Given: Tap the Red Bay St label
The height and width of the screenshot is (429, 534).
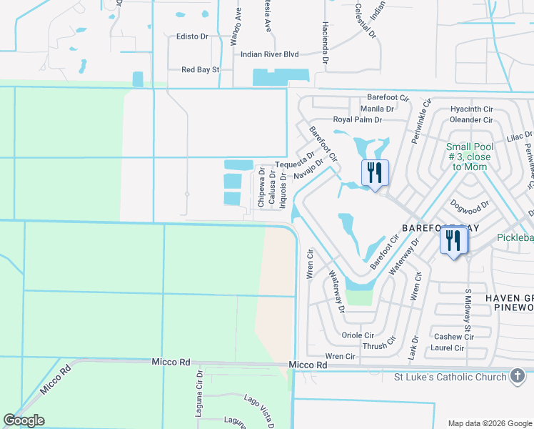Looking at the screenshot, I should (x=201, y=70).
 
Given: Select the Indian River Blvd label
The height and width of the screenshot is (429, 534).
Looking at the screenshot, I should (x=269, y=54).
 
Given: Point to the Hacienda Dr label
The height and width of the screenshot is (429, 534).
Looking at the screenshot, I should (x=325, y=51).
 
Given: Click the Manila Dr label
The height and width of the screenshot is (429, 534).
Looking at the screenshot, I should (x=376, y=109).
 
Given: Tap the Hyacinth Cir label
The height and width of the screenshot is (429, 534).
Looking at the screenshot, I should (x=471, y=109).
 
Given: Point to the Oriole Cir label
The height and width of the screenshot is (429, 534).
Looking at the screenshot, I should (x=358, y=335).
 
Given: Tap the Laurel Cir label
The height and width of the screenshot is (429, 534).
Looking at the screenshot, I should (x=448, y=348).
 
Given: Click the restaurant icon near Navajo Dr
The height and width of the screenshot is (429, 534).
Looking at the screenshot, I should (x=375, y=173).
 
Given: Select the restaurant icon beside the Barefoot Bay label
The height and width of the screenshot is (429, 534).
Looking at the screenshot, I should (x=454, y=241).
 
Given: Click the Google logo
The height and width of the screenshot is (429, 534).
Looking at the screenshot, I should (x=24, y=420).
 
